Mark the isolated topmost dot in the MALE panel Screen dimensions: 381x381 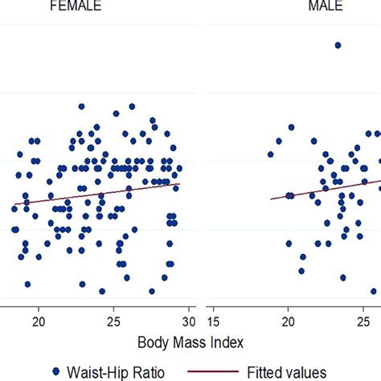tap(338, 46)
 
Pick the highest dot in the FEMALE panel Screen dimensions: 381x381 tap(81, 106)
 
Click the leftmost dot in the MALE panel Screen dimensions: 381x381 tap(271, 154)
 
